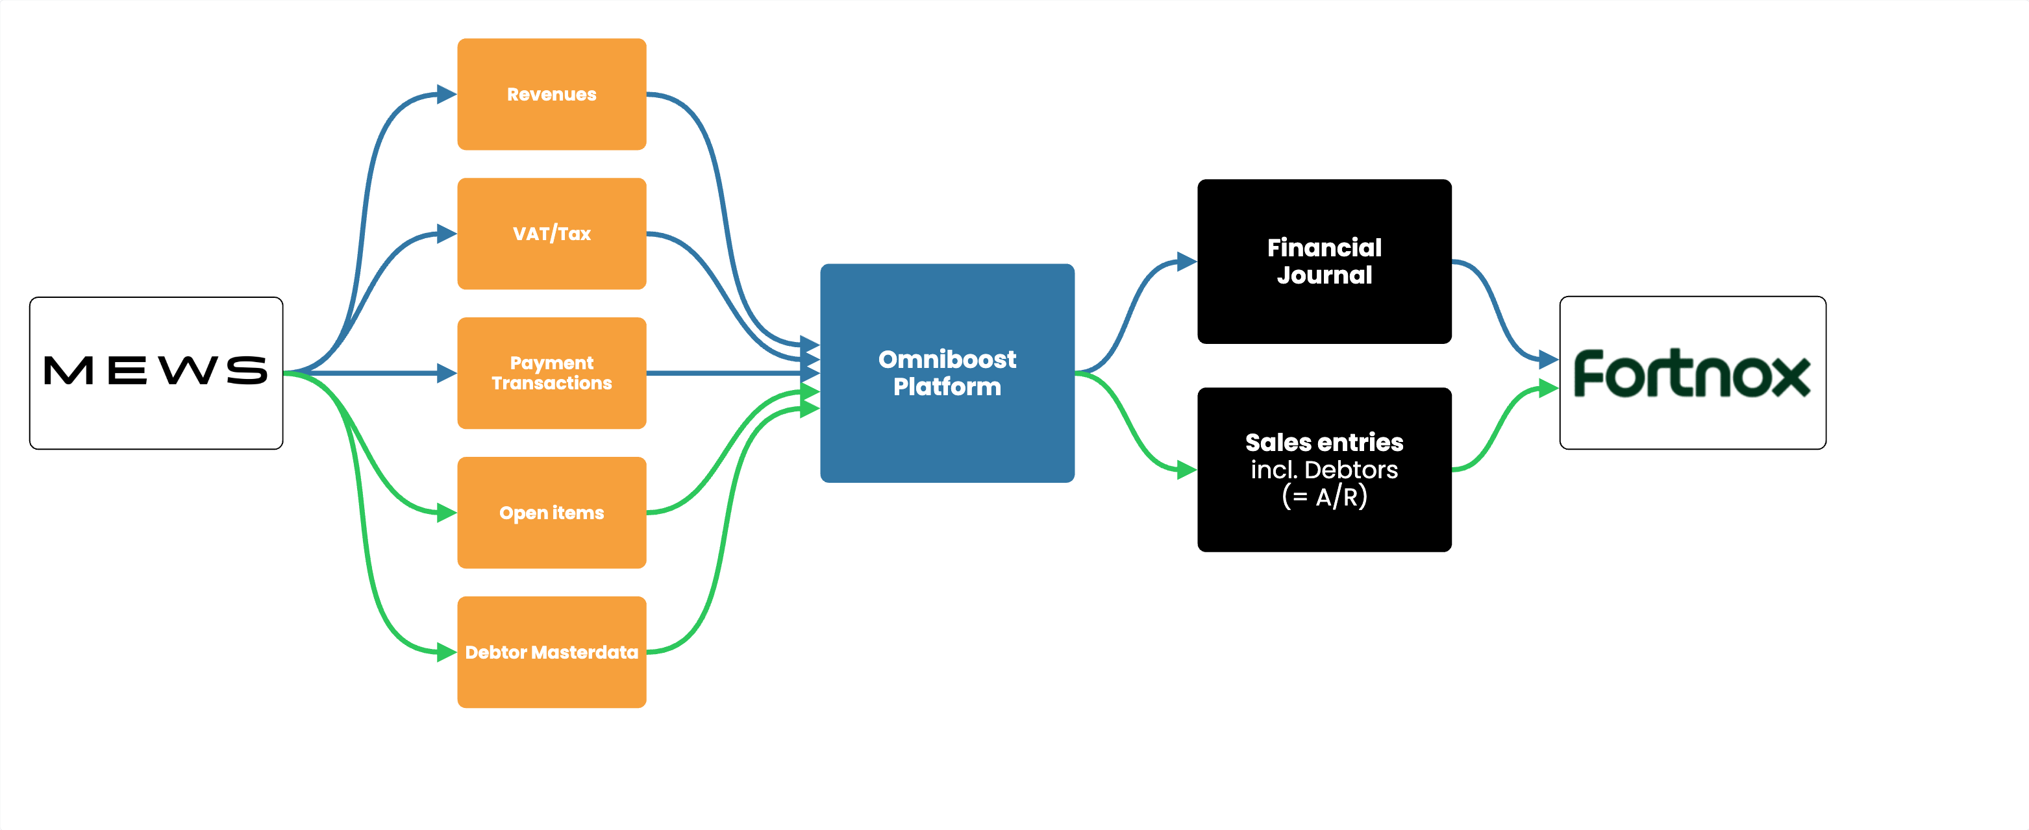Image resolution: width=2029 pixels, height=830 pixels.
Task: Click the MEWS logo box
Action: click(156, 372)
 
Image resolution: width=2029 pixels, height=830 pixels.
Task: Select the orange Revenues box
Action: click(551, 95)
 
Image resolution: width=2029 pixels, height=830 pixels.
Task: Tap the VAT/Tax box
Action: click(551, 234)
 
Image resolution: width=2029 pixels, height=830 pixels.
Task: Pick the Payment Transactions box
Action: click(551, 373)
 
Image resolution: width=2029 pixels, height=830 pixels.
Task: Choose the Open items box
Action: click(551, 513)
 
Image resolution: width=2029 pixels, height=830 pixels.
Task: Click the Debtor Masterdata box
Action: click(551, 652)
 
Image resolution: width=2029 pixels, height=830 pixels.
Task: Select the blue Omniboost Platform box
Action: click(947, 373)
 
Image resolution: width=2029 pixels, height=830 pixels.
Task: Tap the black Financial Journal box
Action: click(1324, 262)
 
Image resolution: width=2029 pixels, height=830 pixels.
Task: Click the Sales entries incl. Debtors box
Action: click(1324, 469)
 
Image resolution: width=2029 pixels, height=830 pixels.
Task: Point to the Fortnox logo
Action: click(1692, 373)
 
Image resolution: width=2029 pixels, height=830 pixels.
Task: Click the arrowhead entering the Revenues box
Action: click(447, 95)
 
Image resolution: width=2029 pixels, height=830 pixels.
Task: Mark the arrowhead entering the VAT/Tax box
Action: click(447, 234)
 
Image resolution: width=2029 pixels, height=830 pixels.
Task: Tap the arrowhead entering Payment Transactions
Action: click(447, 373)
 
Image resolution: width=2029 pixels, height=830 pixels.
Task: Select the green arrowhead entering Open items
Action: click(447, 513)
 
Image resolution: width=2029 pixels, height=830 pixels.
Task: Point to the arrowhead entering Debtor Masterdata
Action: click(447, 652)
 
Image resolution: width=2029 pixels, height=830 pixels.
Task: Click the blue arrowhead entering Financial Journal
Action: click(1187, 262)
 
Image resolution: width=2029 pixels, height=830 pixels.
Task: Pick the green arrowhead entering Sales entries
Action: click(1187, 470)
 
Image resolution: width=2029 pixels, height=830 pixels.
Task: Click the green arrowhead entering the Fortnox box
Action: click(1549, 388)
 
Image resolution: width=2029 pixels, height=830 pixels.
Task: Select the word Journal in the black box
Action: click(1324, 276)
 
